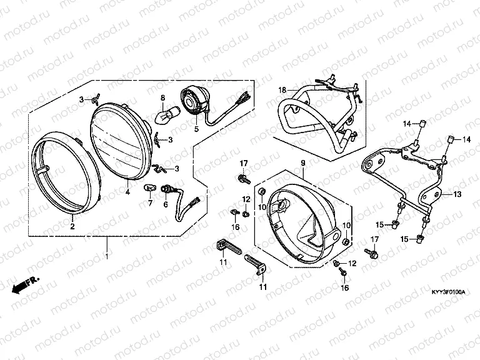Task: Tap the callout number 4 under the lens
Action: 127,192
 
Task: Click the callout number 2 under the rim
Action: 72,226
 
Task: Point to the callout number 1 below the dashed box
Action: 106,256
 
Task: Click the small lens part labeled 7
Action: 150,187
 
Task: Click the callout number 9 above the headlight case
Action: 303,163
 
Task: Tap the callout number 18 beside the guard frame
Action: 282,90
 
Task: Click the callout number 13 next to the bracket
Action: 457,194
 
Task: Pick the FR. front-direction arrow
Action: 26,285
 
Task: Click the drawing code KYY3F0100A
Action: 448,292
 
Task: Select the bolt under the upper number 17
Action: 244,179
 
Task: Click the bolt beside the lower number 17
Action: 371,253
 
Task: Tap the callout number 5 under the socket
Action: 196,129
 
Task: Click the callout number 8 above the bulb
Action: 163,98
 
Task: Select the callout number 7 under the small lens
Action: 150,202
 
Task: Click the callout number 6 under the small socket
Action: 166,204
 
